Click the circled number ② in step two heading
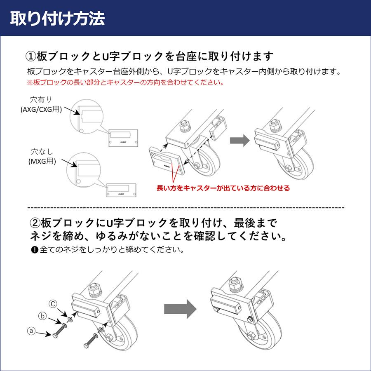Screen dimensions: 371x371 pyautogui.click(x=35, y=223)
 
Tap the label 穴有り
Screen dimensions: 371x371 pyautogui.click(x=42, y=99)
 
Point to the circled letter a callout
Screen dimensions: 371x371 pyautogui.click(x=30, y=330)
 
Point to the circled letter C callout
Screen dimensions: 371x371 pyautogui.click(x=53, y=304)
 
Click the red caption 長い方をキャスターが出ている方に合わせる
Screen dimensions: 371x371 pyautogui.click(x=223, y=188)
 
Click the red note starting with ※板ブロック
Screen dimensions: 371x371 pyautogui.click(x=125, y=82)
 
